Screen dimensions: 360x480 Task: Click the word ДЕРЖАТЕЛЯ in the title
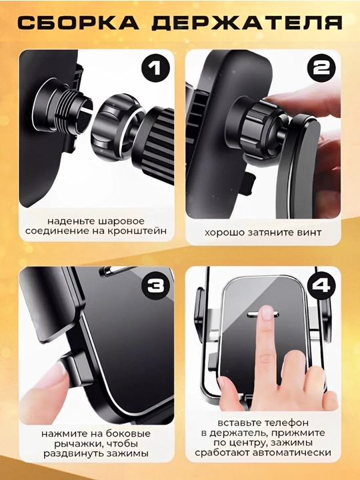[x=247, y=23]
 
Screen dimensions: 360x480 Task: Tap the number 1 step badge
[x=155, y=68]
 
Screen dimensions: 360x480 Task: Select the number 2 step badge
[x=321, y=68]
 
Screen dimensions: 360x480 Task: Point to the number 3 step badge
[x=155, y=286]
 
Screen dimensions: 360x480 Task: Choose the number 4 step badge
[x=321, y=286]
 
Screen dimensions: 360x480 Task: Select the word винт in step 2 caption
[x=309, y=233]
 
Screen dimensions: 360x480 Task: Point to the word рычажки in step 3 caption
[x=74, y=444]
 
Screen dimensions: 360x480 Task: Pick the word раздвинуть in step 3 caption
[x=74, y=454]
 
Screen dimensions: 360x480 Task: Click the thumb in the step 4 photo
[x=231, y=393]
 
